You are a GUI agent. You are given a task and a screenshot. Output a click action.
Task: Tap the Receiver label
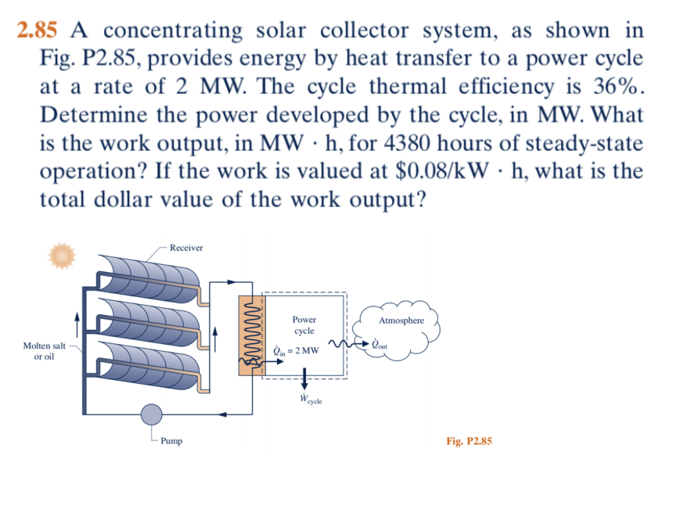(x=185, y=248)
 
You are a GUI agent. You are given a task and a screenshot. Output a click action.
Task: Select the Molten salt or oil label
(x=44, y=350)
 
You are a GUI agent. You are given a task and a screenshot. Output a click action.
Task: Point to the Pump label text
(x=171, y=442)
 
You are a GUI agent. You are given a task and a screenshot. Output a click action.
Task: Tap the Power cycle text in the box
(x=304, y=325)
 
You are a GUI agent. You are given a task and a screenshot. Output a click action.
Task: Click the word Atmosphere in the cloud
(x=401, y=321)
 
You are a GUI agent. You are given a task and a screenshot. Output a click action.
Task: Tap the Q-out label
(x=380, y=344)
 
